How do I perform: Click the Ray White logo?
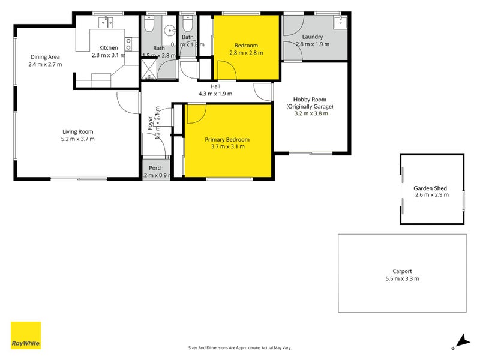[26, 335]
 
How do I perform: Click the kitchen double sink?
[106, 23]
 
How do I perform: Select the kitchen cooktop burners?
[128, 43]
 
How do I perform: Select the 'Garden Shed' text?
[431, 188]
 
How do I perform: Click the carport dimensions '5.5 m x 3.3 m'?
[402, 278]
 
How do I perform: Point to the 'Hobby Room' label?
[309, 100]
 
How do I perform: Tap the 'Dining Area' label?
[45, 58]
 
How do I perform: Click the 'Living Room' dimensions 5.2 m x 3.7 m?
[79, 139]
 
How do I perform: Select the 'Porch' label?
[157, 167]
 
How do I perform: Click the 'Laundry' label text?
[313, 37]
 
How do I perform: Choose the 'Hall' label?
[215, 86]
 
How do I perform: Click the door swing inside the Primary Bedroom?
[195, 113]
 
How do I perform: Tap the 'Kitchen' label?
[109, 47]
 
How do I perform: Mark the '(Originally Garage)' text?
[310, 106]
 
